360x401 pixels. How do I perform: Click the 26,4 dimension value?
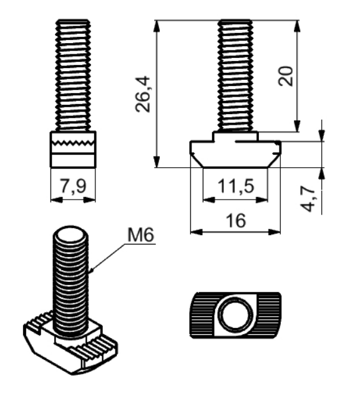pyautogui.click(x=142, y=94)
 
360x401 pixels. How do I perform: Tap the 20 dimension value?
pyautogui.click(x=285, y=76)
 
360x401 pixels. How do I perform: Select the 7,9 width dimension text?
pyautogui.click(x=73, y=186)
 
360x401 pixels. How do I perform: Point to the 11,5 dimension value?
pyautogui.click(x=236, y=186)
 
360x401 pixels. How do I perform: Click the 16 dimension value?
pyautogui.click(x=236, y=221)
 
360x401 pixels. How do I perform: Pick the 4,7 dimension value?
pyautogui.click(x=307, y=198)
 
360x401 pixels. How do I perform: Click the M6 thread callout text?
pyautogui.click(x=141, y=234)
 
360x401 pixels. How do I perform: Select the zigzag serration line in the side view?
pyautogui.click(x=73, y=143)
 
